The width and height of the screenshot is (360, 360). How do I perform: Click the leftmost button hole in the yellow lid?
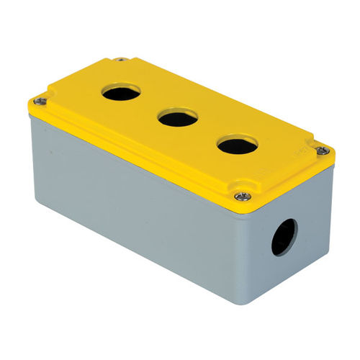click(x=121, y=91)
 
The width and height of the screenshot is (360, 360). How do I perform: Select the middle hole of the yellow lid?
click(x=177, y=117)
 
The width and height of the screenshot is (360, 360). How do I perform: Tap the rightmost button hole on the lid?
click(x=237, y=145)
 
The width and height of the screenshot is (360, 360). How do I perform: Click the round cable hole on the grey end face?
click(x=283, y=237)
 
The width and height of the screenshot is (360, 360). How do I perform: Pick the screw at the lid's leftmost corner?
click(x=40, y=102)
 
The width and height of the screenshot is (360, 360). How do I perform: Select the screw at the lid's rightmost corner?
click(x=323, y=150)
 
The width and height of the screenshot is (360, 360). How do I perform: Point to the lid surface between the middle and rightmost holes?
click(x=207, y=132)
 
